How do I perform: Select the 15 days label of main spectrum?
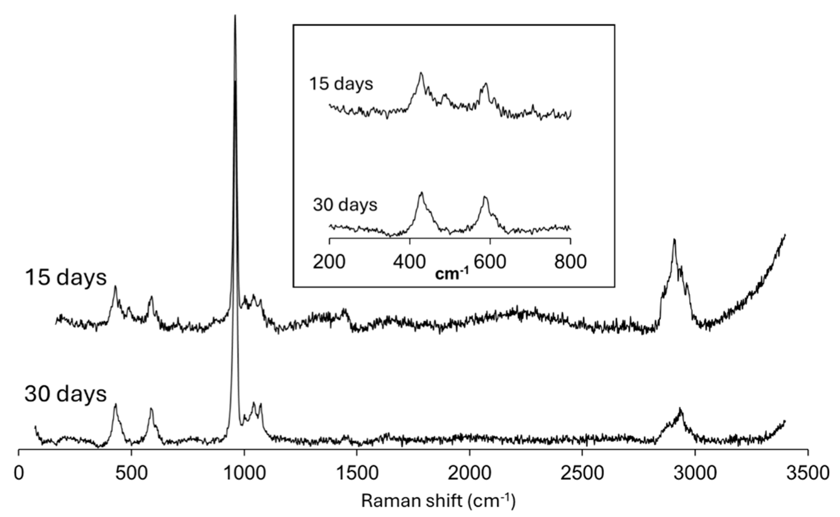pyautogui.click(x=66, y=277)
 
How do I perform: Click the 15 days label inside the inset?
pyautogui.click(x=341, y=83)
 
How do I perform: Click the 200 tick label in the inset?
pyautogui.click(x=329, y=262)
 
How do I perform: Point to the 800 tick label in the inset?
pyautogui.click(x=570, y=262)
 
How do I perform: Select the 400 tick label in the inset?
pyautogui.click(x=410, y=262)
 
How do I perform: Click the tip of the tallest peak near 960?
pyautogui.click(x=235, y=16)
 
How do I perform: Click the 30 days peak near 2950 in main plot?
pyautogui.click(x=680, y=409)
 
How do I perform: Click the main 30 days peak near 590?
pyautogui.click(x=151, y=409)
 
